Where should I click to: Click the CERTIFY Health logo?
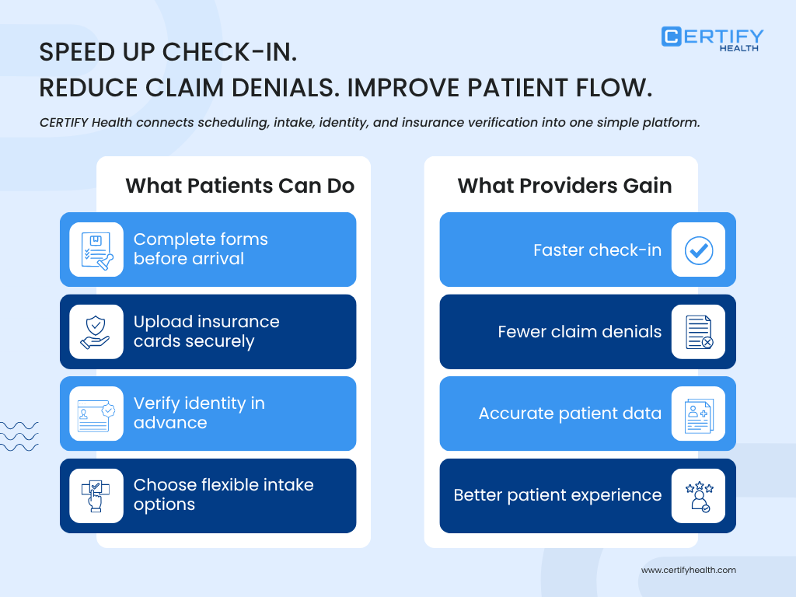[x=712, y=38]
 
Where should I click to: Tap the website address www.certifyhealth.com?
[x=688, y=570]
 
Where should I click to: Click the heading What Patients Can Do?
[x=239, y=186]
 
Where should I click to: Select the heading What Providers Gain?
[x=564, y=186]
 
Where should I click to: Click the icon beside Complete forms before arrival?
[x=96, y=250]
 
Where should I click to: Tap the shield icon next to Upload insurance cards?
[x=96, y=332]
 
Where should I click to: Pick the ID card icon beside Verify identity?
[x=96, y=414]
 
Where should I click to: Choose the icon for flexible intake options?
[x=96, y=496]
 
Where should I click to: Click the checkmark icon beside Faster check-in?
[x=698, y=250]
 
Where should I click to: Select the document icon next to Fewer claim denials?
[x=698, y=332]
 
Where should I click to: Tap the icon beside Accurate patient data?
[x=698, y=414]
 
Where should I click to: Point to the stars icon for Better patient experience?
[x=698, y=496]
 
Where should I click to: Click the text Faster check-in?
[x=597, y=250]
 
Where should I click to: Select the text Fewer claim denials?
[x=579, y=332]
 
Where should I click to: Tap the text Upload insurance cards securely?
[x=206, y=332]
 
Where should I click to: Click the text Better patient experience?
[x=557, y=495]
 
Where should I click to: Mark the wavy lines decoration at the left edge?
[x=19, y=436]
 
